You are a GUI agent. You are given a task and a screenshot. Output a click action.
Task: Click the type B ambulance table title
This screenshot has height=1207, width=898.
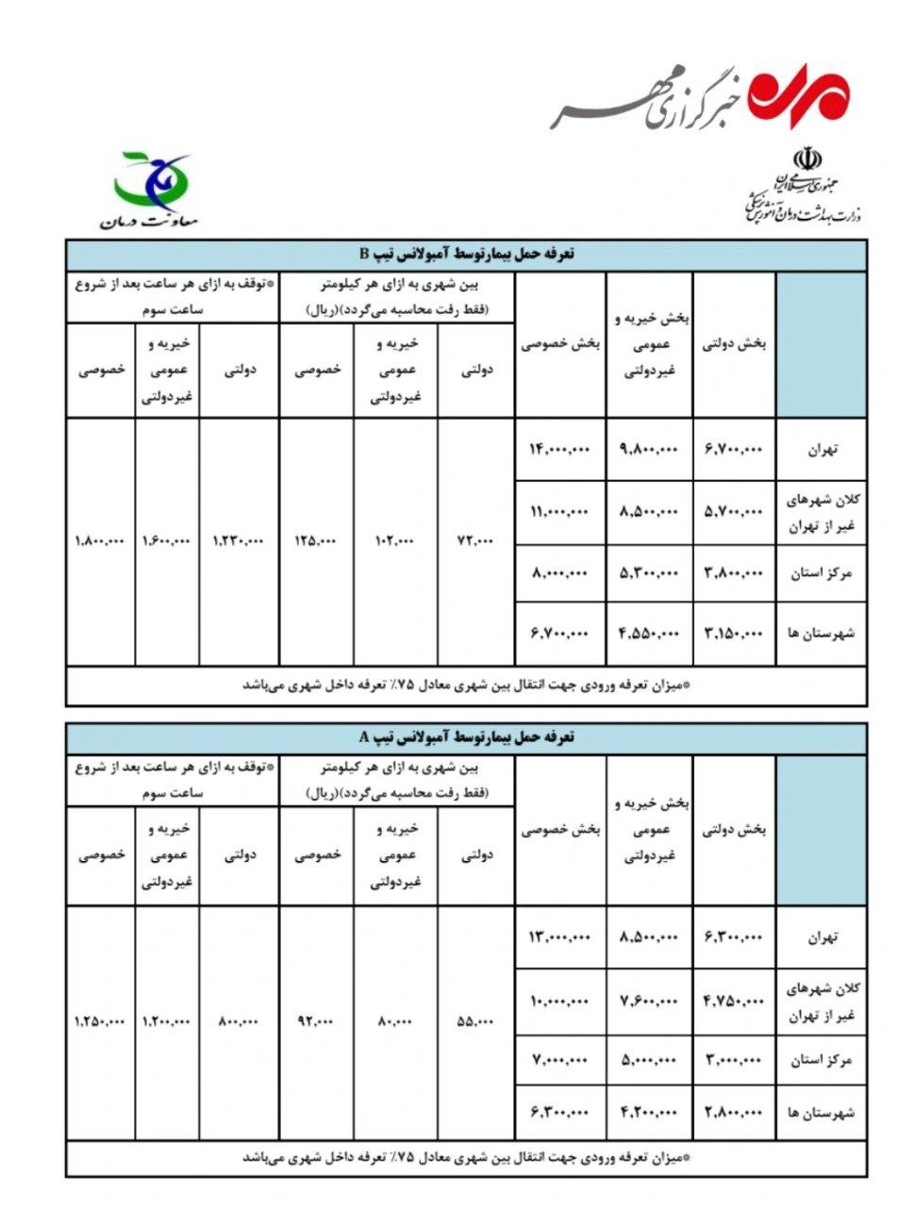[x=466, y=255]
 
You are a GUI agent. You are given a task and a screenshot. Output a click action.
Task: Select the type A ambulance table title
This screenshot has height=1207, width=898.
[x=466, y=737]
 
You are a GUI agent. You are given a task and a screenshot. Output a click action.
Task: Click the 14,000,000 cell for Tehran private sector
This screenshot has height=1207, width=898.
[x=559, y=451]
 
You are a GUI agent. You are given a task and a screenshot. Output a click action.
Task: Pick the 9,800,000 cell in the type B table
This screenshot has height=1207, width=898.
[x=649, y=451]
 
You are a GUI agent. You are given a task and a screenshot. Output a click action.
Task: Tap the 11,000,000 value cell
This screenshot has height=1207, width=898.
[x=559, y=512]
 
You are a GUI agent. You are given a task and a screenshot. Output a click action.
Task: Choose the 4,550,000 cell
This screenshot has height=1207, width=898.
[x=649, y=633]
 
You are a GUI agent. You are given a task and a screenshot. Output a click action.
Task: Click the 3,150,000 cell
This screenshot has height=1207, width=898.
[x=733, y=633]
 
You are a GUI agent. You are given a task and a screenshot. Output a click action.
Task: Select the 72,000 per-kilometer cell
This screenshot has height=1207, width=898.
[x=475, y=541]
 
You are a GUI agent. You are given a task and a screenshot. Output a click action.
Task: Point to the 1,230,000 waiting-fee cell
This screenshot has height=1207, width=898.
[x=239, y=541]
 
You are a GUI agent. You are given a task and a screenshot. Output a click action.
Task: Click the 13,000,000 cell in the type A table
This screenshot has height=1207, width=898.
[x=559, y=937]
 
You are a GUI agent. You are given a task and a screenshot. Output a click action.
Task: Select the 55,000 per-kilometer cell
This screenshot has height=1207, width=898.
[x=475, y=1021]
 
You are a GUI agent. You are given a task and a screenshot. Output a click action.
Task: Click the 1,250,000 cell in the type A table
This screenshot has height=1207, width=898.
[x=100, y=1021]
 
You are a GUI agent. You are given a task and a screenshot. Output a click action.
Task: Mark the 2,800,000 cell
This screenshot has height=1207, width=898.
[x=733, y=1113]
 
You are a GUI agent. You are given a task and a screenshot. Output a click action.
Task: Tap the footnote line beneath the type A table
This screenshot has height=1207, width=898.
[x=466, y=1157]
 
